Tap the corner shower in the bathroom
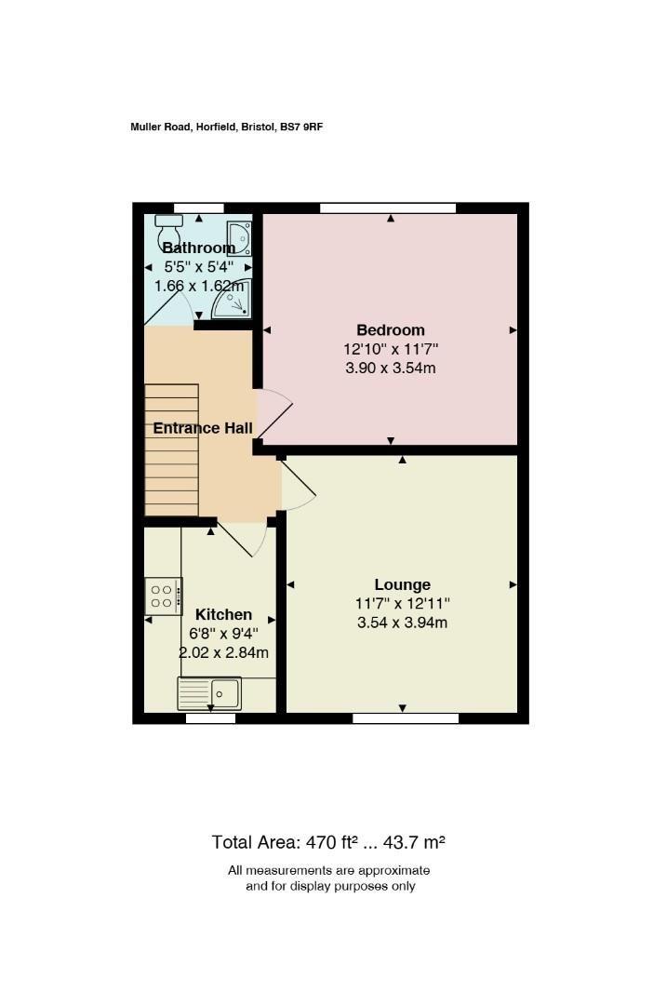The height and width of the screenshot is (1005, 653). pyautogui.click(x=232, y=299)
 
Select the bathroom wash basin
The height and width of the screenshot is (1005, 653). pyautogui.click(x=238, y=238)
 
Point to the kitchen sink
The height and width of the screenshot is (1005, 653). pyautogui.click(x=209, y=693)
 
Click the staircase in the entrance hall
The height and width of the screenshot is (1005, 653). pyautogui.click(x=172, y=450)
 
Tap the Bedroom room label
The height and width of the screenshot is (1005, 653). pyautogui.click(x=391, y=330)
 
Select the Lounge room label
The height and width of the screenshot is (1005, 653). pyautogui.click(x=403, y=584)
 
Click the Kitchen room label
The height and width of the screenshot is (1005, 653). pyautogui.click(x=223, y=615)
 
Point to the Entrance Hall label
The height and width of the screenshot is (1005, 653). pyautogui.click(x=203, y=428)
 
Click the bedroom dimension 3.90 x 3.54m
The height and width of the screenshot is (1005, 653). pyautogui.click(x=391, y=368)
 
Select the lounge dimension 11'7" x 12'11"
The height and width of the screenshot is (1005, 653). pyautogui.click(x=403, y=603)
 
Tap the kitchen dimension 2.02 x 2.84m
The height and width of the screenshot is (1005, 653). pyautogui.click(x=223, y=652)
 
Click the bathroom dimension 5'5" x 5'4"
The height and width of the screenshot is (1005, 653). pyautogui.click(x=199, y=267)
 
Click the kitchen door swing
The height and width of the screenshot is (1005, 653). pyautogui.click(x=242, y=539)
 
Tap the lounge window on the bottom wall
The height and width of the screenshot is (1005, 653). pyautogui.click(x=406, y=718)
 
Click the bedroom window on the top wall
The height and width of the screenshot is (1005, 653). pyautogui.click(x=388, y=208)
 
